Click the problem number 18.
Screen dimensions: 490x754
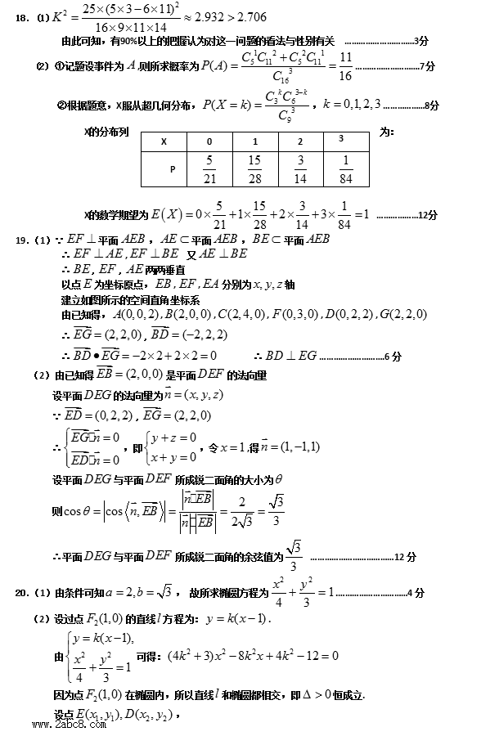point(21,18)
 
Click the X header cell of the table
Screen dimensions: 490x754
point(164,141)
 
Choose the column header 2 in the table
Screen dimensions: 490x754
point(300,141)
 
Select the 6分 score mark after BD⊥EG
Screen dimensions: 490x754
point(392,356)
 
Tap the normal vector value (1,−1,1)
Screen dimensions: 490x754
point(296,447)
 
